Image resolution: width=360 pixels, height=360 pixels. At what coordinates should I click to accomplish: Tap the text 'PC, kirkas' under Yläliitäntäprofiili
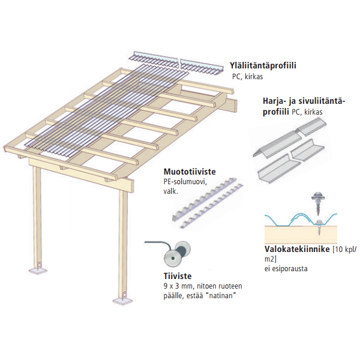pos(248,77)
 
